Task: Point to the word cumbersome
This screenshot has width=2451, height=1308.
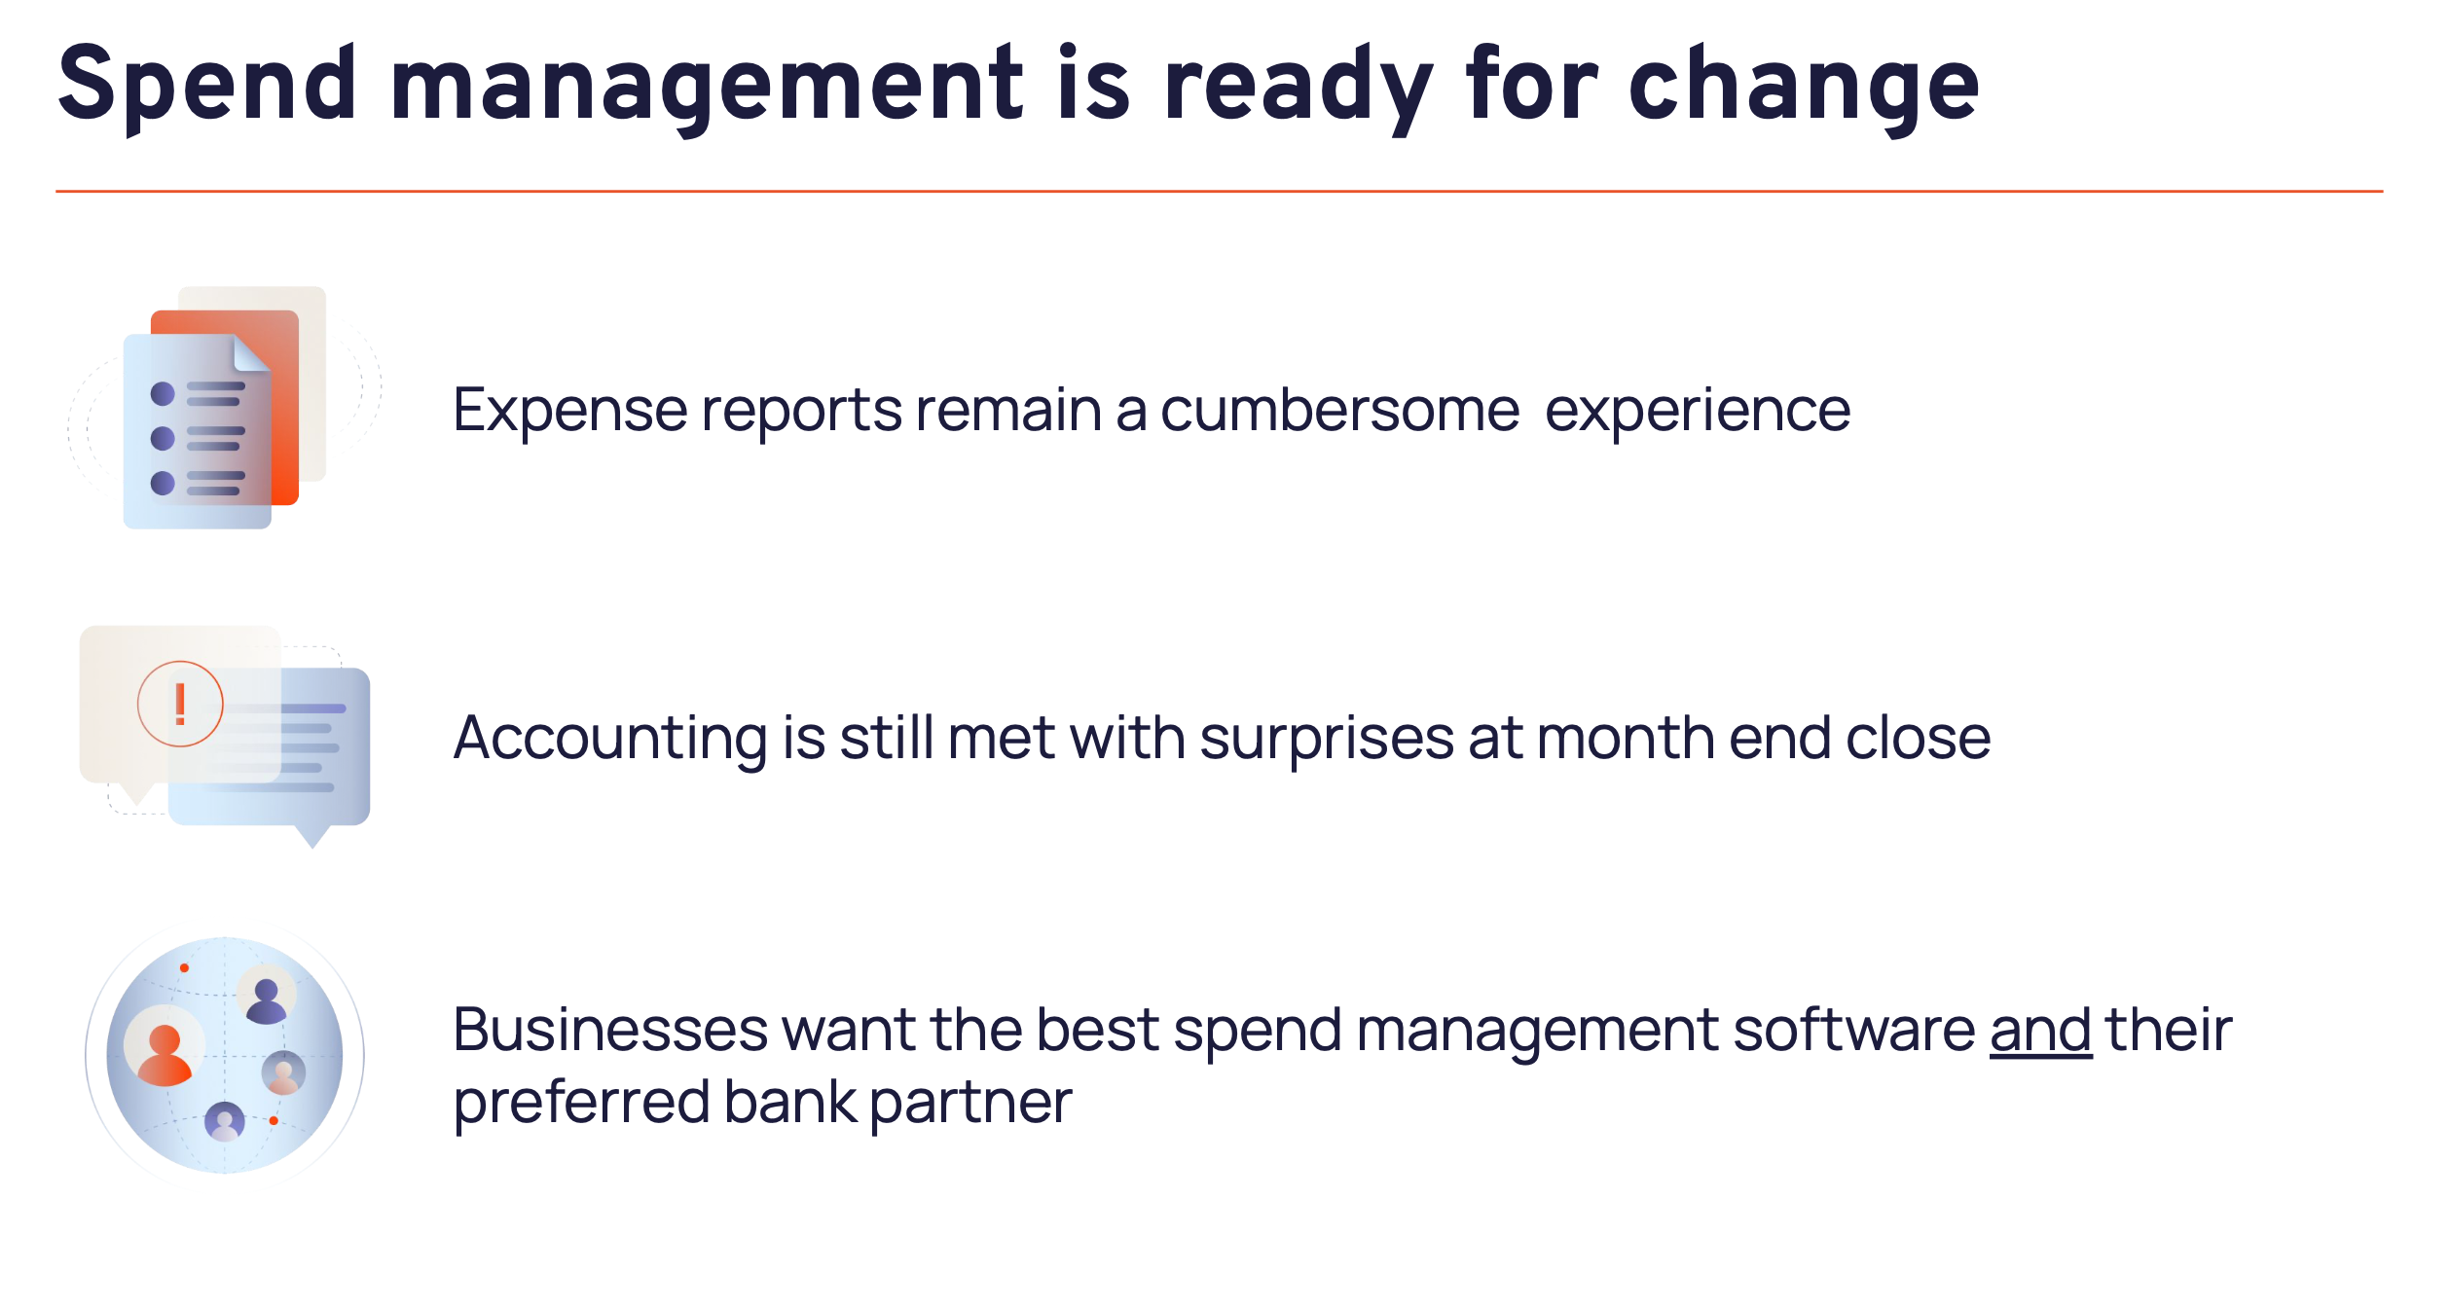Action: (1340, 410)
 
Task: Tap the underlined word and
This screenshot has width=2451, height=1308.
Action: (2040, 1030)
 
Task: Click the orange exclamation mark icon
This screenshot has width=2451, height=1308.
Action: (180, 704)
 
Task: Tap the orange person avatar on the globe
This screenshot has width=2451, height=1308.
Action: (165, 1055)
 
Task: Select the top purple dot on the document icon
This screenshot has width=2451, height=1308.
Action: (163, 393)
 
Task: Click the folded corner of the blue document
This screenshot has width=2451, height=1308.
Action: (251, 353)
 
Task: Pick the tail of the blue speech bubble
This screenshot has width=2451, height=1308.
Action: (312, 836)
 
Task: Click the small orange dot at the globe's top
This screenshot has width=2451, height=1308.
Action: (184, 968)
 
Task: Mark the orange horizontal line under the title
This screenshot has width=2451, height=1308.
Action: (1219, 192)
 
